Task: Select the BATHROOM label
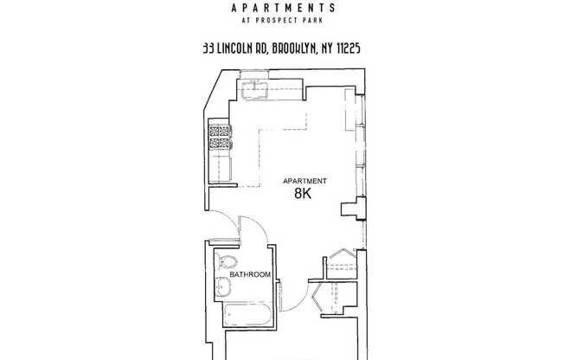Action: tap(250, 275)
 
